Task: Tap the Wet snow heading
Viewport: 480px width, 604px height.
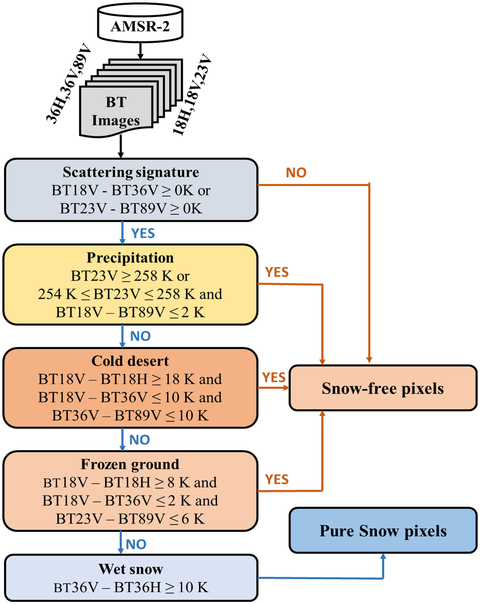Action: pyautogui.click(x=131, y=569)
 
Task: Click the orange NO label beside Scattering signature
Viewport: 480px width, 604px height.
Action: pyautogui.click(x=296, y=173)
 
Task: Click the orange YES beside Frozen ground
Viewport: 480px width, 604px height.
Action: pyautogui.click(x=277, y=479)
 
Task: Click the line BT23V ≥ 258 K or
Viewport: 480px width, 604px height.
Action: pyautogui.click(x=130, y=276)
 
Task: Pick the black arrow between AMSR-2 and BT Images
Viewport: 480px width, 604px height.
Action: pyautogui.click(x=140, y=50)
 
